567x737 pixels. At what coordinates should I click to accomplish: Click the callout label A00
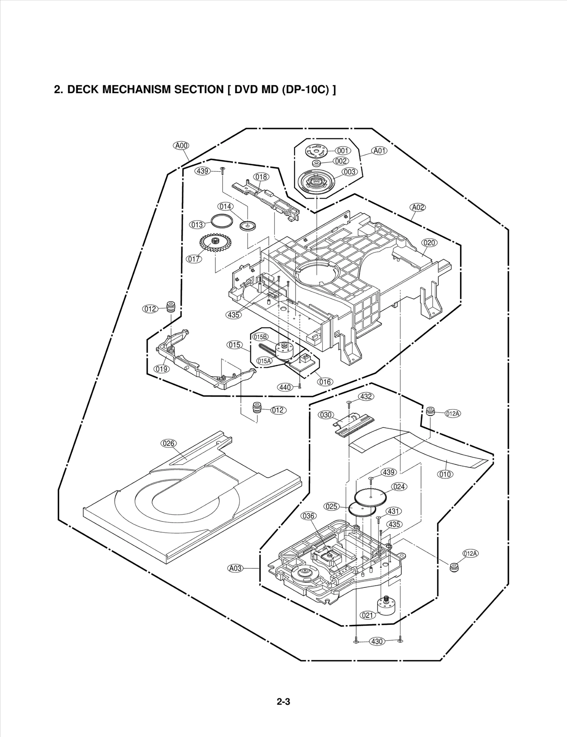pyautogui.click(x=181, y=145)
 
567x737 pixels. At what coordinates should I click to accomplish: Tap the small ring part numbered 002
pyautogui.click(x=316, y=163)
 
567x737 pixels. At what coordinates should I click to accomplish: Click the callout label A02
pyautogui.click(x=418, y=207)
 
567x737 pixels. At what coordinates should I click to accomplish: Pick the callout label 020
pyautogui.click(x=429, y=242)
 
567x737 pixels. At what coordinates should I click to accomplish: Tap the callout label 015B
pyautogui.click(x=260, y=337)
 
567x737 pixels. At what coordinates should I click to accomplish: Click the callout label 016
pyautogui.click(x=325, y=382)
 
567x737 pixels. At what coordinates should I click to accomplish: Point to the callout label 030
pyautogui.click(x=326, y=415)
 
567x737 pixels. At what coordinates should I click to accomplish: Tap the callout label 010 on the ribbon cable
pyautogui.click(x=445, y=474)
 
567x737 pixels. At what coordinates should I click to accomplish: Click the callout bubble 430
pyautogui.click(x=377, y=641)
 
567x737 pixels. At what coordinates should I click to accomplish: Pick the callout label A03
pyautogui.click(x=235, y=568)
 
